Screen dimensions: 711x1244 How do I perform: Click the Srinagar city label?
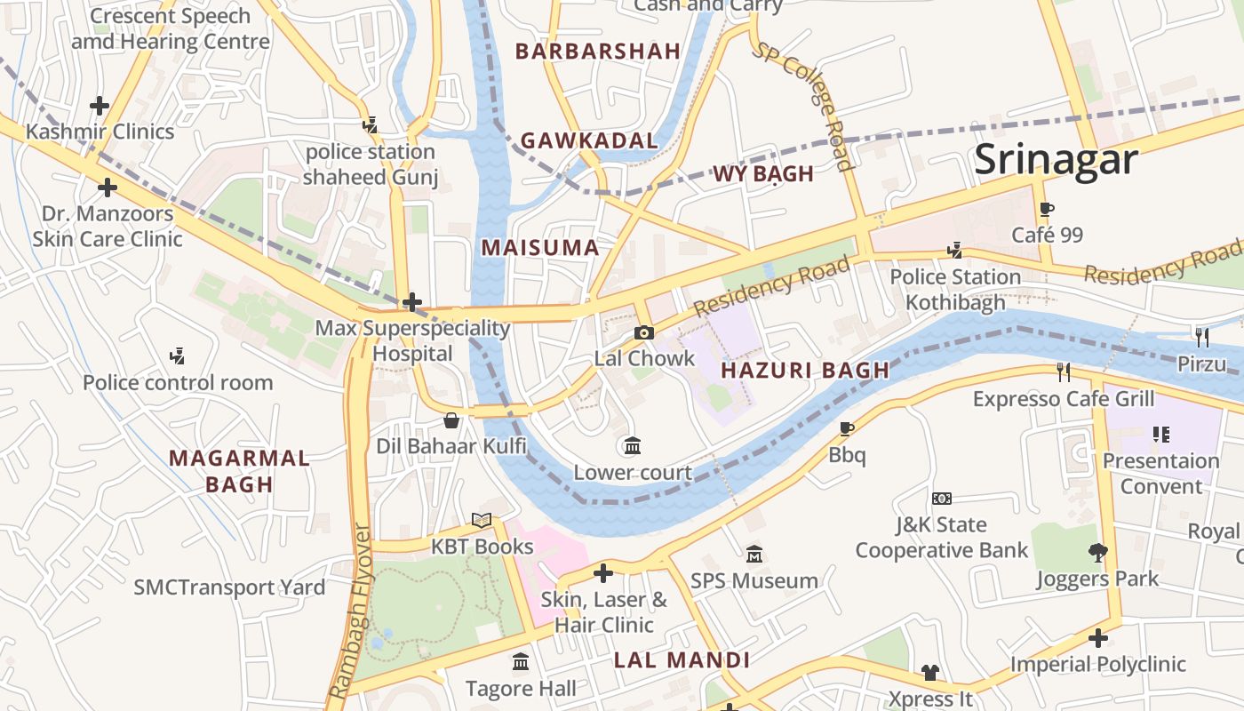1056,160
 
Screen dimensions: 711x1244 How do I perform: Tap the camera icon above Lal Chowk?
644,332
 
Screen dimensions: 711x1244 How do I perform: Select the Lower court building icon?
633,445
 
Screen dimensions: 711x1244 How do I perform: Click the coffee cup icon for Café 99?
1047,210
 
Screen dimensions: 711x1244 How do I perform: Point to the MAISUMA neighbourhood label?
540,248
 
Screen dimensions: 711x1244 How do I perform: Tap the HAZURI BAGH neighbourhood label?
804,371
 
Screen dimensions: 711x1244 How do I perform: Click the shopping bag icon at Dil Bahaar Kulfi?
451,419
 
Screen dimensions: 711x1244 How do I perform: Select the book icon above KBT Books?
481,521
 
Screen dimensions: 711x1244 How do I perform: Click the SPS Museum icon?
754,555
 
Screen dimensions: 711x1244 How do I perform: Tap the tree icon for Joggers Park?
1098,553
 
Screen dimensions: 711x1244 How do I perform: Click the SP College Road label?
804,105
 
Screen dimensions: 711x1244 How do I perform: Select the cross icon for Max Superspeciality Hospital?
412,302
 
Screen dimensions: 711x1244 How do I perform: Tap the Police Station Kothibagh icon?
955,251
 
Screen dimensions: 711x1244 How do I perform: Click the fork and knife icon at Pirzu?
1202,337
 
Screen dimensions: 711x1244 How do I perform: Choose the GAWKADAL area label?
589,140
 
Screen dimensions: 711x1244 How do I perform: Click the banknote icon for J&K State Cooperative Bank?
942,499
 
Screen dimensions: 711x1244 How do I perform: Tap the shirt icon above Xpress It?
930,673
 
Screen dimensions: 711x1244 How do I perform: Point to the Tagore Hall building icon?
521,662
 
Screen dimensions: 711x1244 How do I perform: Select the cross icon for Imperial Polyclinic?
1098,638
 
